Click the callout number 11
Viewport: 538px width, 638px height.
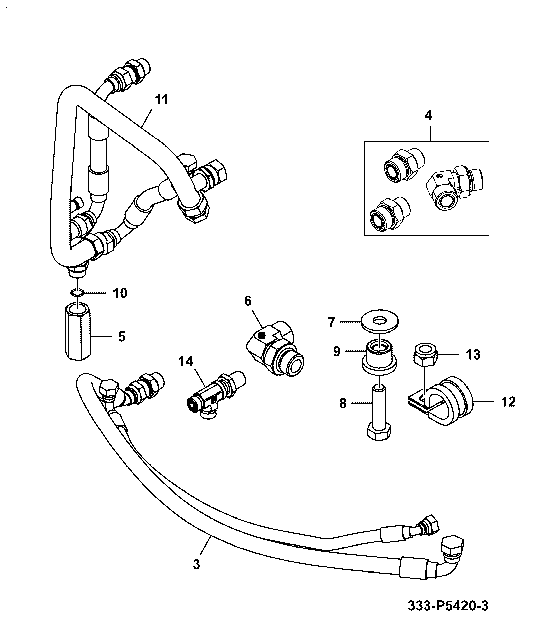[161, 100]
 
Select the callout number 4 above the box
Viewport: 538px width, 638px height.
[428, 116]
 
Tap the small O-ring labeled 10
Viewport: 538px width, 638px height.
[78, 292]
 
